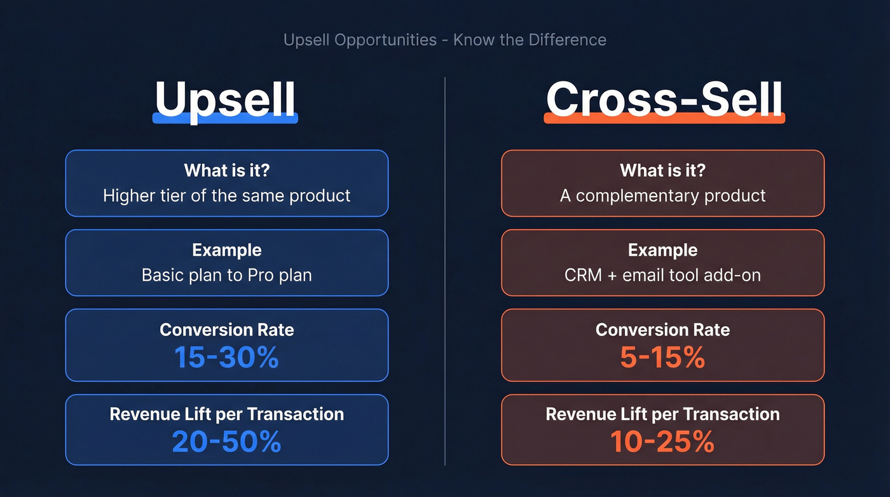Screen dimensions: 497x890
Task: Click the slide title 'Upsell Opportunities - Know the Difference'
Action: pyautogui.click(x=444, y=40)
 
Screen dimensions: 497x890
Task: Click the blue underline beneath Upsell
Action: pyautogui.click(x=226, y=118)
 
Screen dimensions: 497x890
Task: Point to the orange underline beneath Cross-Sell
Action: pyautogui.click(x=664, y=118)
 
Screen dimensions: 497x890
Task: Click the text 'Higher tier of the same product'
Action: pyautogui.click(x=226, y=195)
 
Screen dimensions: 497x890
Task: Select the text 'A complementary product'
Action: pyautogui.click(x=662, y=195)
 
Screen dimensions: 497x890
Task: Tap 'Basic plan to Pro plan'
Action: pyautogui.click(x=226, y=275)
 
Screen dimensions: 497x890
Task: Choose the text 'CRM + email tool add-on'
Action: pyautogui.click(x=662, y=275)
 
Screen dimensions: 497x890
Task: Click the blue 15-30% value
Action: pyautogui.click(x=226, y=358)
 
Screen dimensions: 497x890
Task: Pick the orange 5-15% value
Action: pyautogui.click(x=662, y=358)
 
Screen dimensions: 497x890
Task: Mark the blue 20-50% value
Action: pyautogui.click(x=226, y=442)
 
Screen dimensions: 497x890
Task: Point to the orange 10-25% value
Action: pyautogui.click(x=662, y=442)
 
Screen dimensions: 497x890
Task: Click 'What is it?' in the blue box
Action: pyautogui.click(x=226, y=171)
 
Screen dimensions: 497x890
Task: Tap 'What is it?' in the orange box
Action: pyautogui.click(x=662, y=171)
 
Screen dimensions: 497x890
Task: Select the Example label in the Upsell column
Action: pyautogui.click(x=226, y=250)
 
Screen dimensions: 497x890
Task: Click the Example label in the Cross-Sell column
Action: pyautogui.click(x=662, y=250)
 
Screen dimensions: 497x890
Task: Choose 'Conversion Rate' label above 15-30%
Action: pyautogui.click(x=226, y=330)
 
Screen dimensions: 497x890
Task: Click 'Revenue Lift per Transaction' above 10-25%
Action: pyautogui.click(x=662, y=414)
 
